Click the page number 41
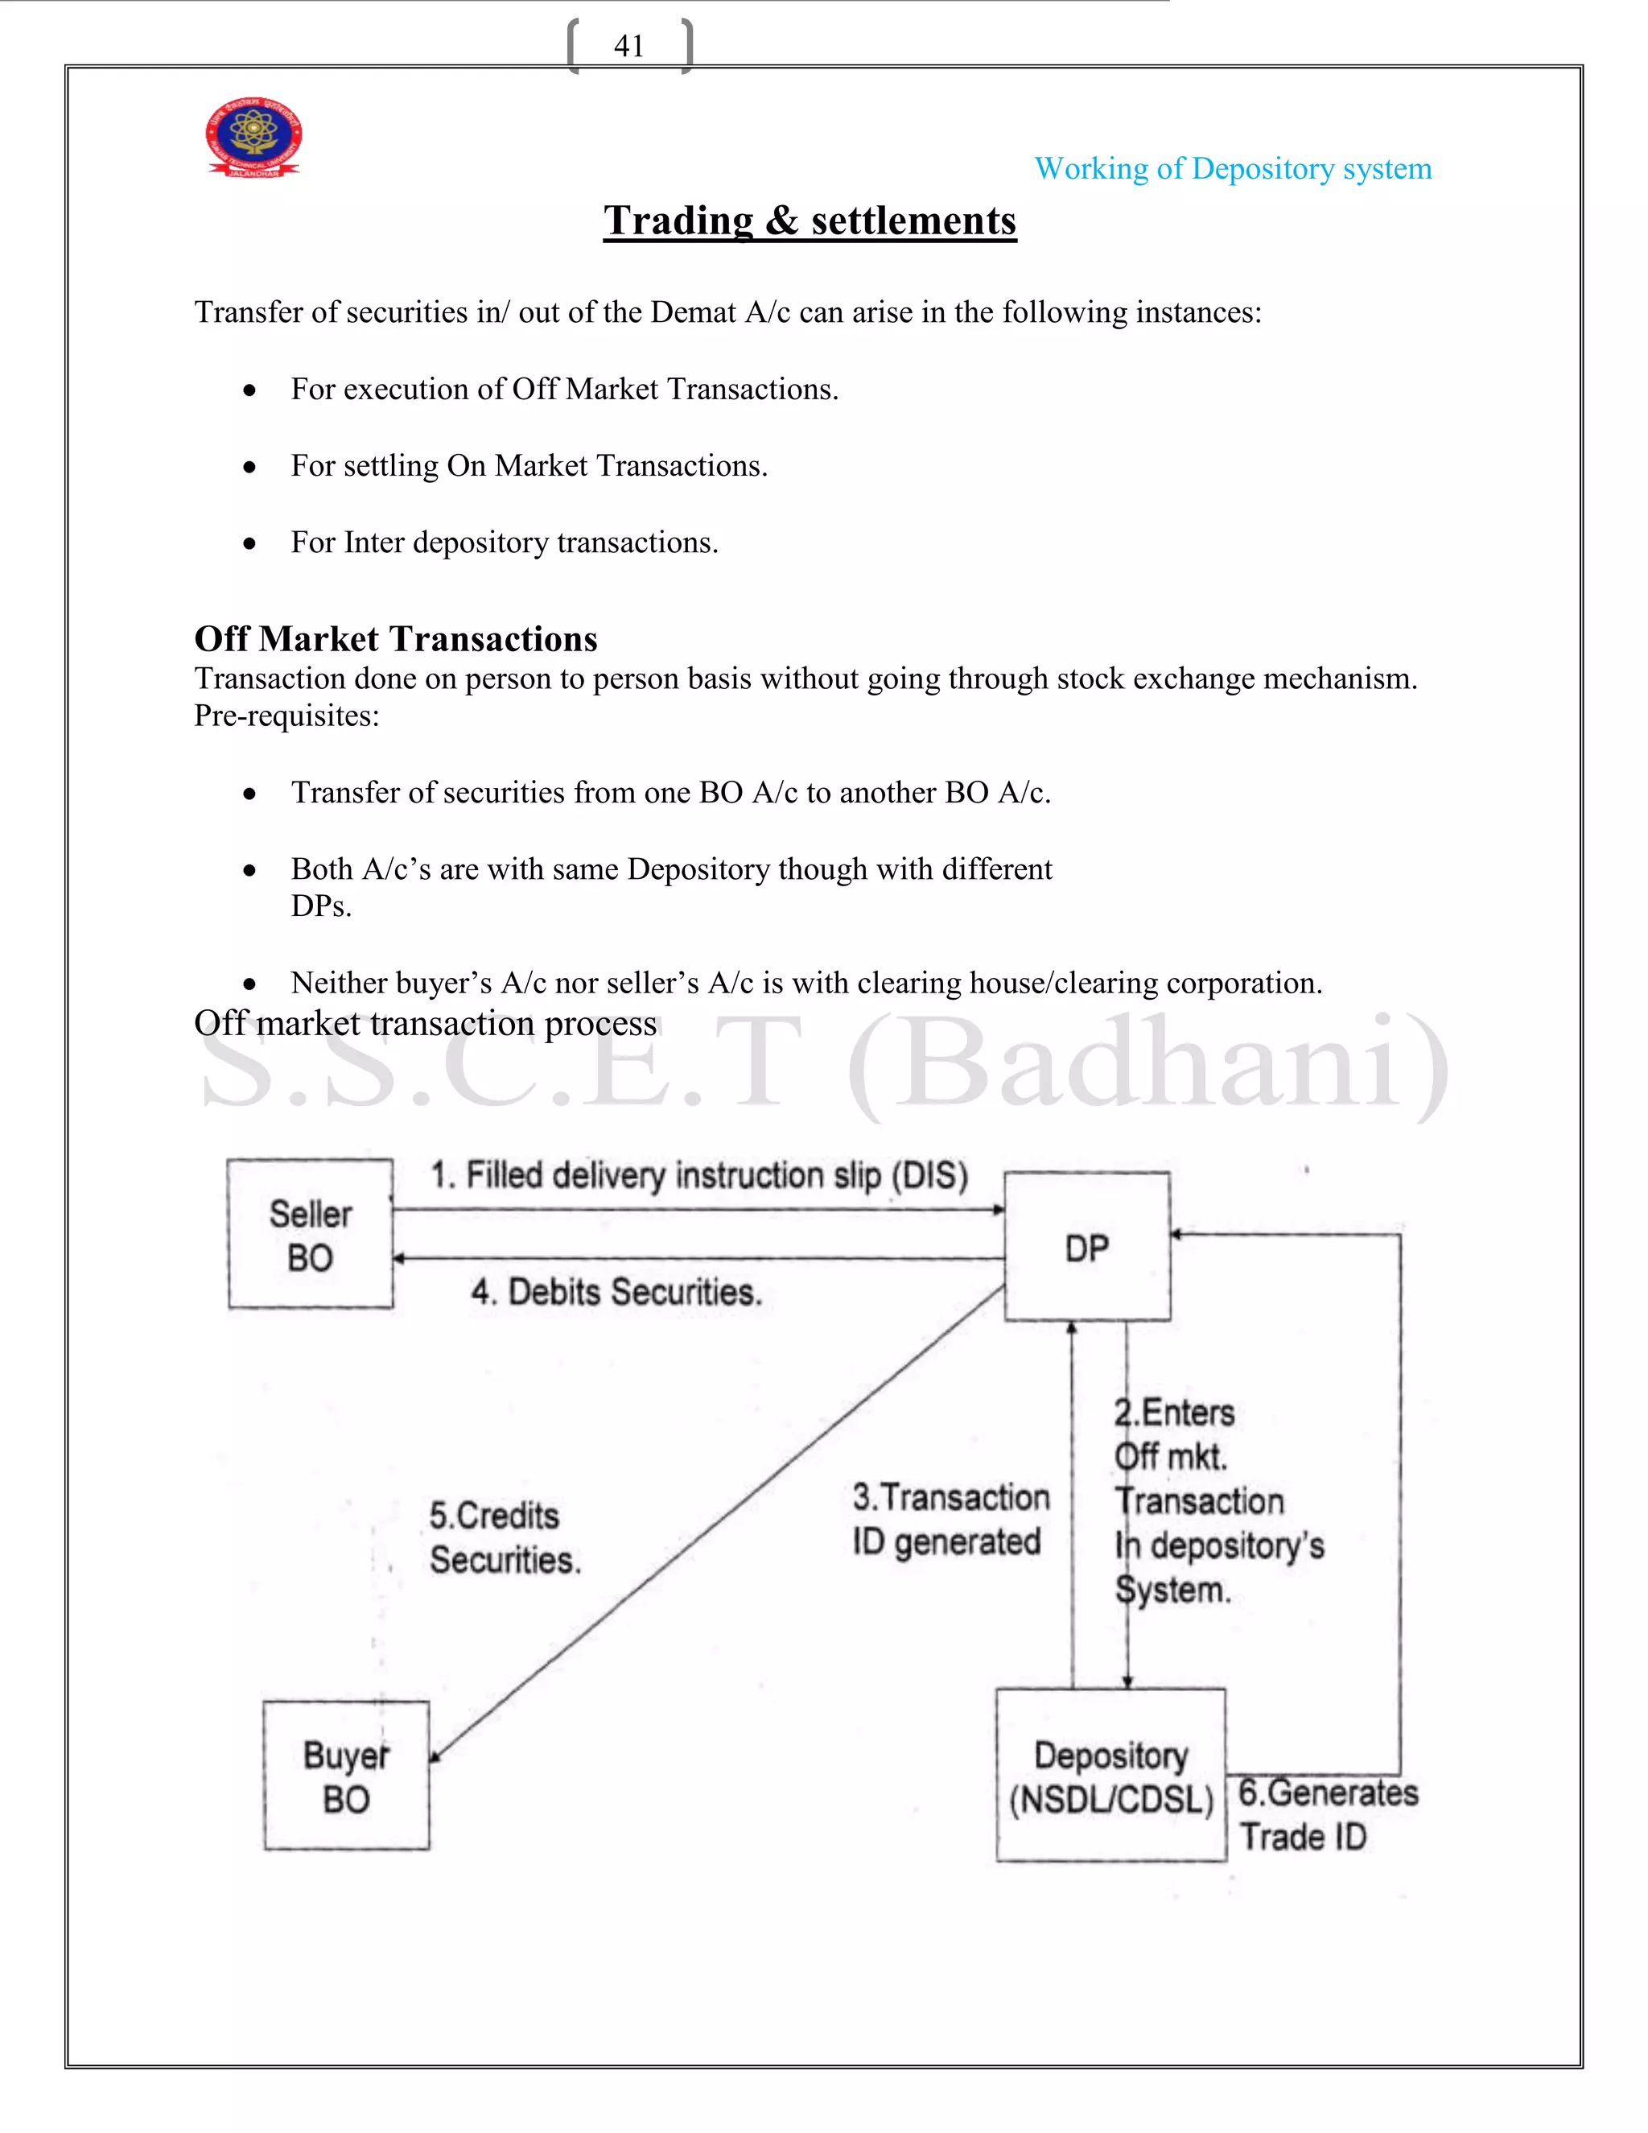coord(628,46)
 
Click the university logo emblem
coord(253,137)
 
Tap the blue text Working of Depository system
coord(1232,169)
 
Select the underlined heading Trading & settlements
coord(810,221)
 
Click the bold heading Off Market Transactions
coord(395,639)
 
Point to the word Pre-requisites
coord(286,716)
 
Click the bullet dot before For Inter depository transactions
coord(250,543)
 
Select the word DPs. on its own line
coord(321,906)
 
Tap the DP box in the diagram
coord(1086,1247)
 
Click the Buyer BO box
coord(347,1776)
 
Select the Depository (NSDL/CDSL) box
coord(1111,1776)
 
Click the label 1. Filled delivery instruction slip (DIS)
coord(699,1175)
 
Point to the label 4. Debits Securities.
coord(616,1292)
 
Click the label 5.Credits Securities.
coord(504,1537)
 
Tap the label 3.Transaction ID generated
coord(950,1519)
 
